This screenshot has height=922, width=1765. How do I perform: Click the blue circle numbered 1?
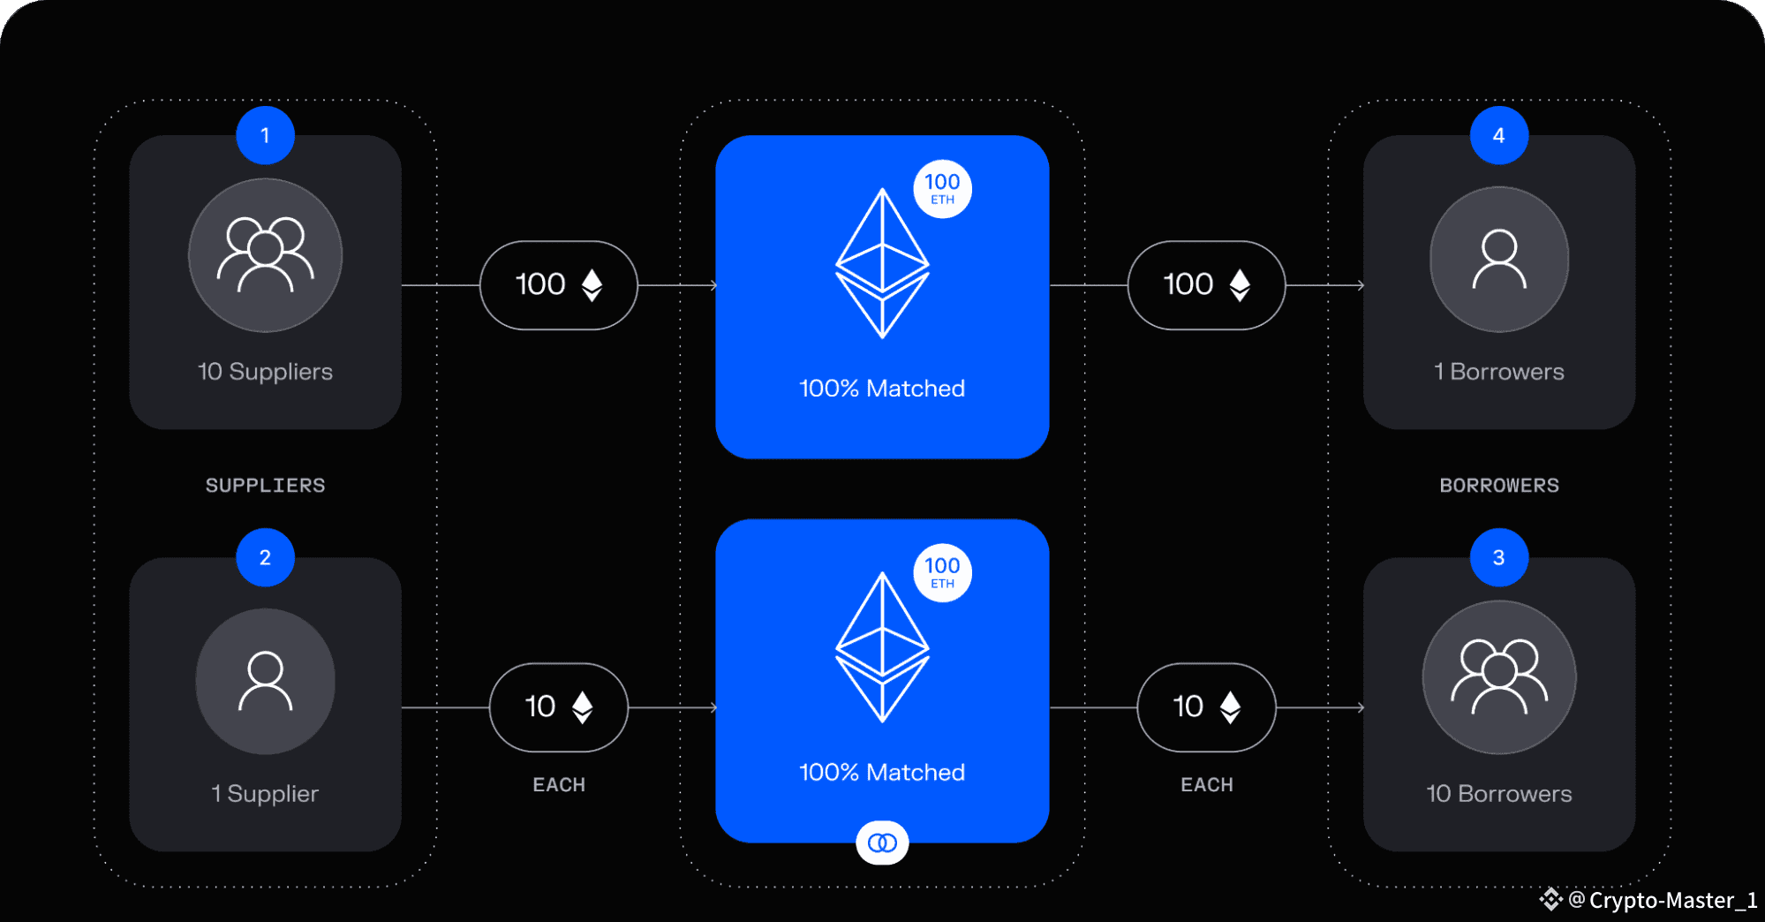point(265,135)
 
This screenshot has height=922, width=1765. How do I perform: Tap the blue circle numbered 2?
point(265,557)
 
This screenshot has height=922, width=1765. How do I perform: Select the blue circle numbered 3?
point(1498,557)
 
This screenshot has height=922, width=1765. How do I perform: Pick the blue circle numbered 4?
point(1498,135)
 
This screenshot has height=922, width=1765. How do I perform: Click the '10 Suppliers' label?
point(265,372)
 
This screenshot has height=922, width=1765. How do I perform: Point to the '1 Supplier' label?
point(265,794)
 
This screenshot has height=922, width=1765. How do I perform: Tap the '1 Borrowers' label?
point(1498,372)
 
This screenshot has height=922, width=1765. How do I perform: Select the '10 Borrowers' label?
point(1498,794)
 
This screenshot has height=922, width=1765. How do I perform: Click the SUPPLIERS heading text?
point(265,486)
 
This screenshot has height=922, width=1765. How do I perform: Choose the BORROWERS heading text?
point(1498,486)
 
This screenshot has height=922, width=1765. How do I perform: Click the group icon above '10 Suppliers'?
point(265,255)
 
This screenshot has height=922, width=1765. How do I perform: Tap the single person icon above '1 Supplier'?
point(265,681)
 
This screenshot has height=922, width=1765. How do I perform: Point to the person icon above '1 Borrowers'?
point(1498,259)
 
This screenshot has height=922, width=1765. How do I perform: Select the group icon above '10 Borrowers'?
point(1498,677)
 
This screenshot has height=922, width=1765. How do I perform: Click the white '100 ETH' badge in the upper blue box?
point(942,189)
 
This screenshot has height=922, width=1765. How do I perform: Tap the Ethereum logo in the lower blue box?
point(882,647)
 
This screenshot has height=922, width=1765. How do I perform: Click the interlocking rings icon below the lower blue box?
point(882,843)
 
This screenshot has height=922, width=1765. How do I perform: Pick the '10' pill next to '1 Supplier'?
point(558,707)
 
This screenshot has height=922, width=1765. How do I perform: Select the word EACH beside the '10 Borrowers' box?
point(1206,785)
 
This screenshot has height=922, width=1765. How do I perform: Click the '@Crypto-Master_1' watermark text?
point(1662,900)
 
